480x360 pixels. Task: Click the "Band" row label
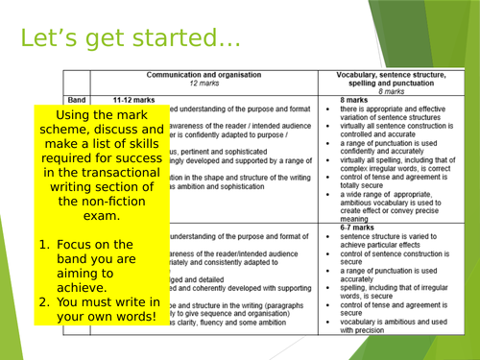[78, 100]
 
